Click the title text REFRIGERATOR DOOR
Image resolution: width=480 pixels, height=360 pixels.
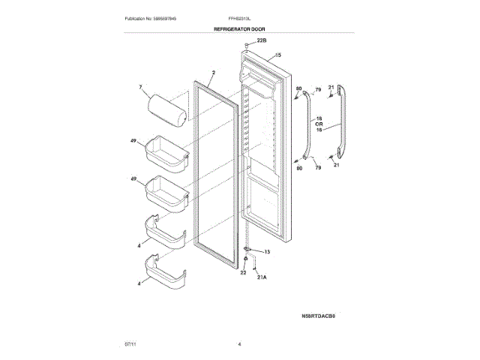pyautogui.click(x=239, y=28)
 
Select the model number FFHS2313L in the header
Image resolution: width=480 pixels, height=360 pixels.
pyautogui.click(x=239, y=17)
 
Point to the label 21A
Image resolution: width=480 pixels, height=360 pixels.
pyautogui.click(x=262, y=277)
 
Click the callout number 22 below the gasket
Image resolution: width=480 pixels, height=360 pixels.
pyautogui.click(x=242, y=273)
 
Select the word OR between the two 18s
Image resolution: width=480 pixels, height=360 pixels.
pyautogui.click(x=319, y=124)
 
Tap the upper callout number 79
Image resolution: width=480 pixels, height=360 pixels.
pyautogui.click(x=317, y=90)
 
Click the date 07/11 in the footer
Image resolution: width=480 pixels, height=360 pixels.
pyautogui.click(x=130, y=344)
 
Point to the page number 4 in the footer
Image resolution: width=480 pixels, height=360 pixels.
pyautogui.click(x=239, y=344)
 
